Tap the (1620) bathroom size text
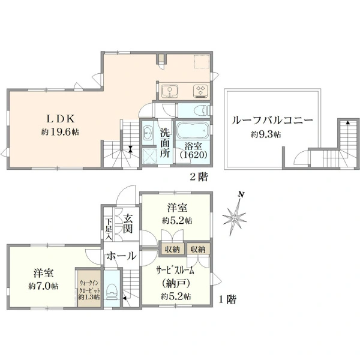pos(193,154)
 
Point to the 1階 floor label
pos(227,299)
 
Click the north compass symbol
pos(236,214)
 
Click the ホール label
pos(121,256)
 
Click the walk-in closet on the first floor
pos(89,289)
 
